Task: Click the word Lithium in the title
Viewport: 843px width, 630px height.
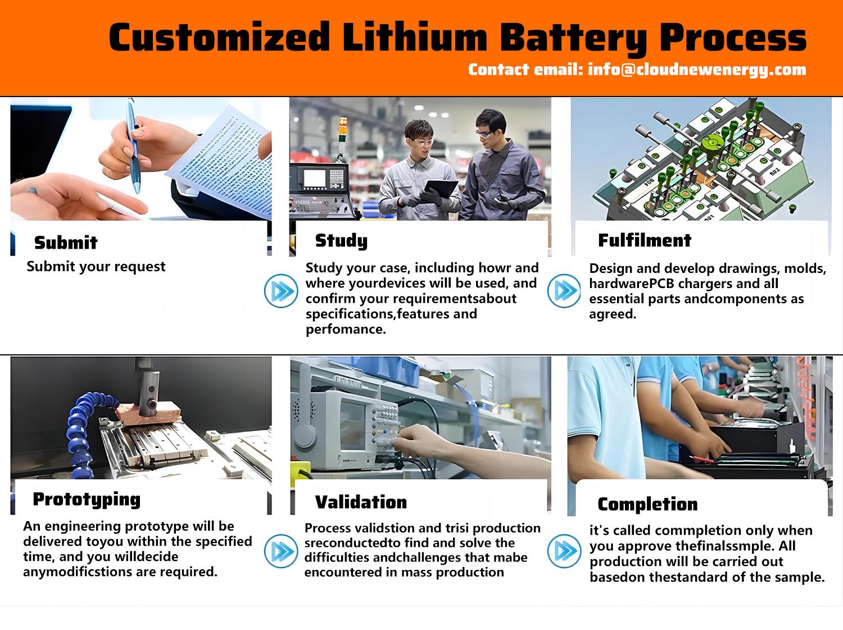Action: [415, 37]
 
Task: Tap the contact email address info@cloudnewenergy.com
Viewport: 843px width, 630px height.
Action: [697, 70]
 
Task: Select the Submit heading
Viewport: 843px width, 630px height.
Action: [66, 243]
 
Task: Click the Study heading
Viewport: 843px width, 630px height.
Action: [341, 240]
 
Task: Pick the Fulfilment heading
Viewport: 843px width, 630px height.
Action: [645, 240]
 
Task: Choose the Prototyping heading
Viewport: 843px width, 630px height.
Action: [87, 500]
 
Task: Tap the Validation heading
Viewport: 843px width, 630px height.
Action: [361, 502]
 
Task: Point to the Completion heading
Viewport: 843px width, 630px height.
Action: [647, 504]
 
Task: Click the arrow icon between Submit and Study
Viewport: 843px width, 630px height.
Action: [281, 291]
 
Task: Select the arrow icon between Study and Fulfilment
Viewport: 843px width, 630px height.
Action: [564, 291]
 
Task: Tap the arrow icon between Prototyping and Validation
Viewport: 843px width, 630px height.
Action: [281, 551]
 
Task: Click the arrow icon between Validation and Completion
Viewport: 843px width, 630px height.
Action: [564, 551]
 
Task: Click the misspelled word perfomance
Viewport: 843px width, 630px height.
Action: [346, 329]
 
